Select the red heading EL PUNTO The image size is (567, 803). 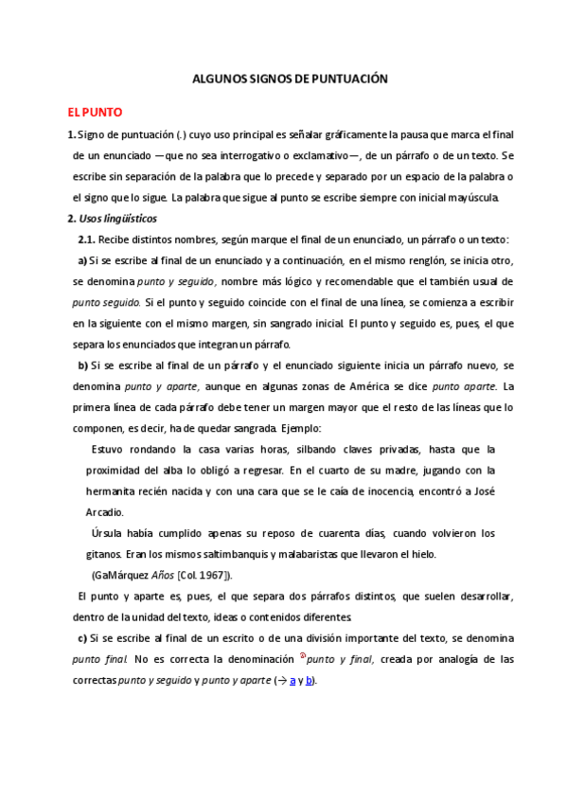[89, 112]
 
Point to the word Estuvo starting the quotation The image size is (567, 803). [110, 449]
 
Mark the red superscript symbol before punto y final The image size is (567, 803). [302, 655]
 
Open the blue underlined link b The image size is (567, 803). [309, 680]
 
